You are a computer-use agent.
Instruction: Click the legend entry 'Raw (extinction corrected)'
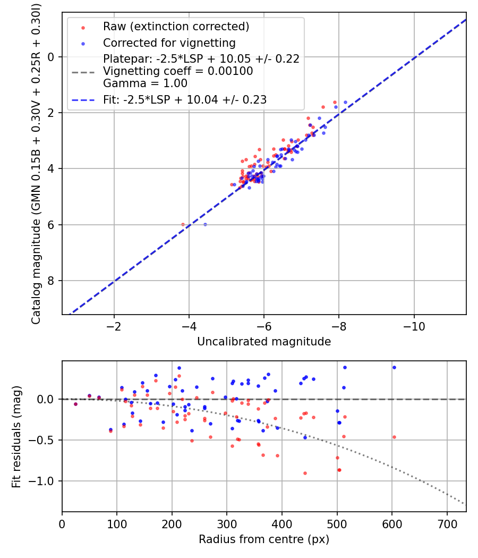[176, 27]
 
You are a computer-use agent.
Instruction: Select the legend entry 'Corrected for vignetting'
[169, 43]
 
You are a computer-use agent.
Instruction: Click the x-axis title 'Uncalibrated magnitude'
[264, 342]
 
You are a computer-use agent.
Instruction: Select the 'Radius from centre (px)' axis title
[264, 539]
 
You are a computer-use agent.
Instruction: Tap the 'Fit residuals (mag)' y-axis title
[16, 436]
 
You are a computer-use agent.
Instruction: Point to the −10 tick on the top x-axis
[414, 326]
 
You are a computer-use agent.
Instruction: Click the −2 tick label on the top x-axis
[114, 326]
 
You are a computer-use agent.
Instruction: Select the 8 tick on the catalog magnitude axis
[52, 281]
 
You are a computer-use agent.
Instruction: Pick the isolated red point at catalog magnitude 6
[183, 224]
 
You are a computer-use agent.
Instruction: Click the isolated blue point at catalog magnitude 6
[205, 224]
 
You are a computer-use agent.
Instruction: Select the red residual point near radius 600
[394, 437]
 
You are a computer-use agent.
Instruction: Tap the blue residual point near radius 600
[394, 367]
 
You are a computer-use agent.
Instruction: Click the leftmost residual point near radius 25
[75, 404]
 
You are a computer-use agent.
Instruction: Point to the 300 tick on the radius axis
[227, 524]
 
